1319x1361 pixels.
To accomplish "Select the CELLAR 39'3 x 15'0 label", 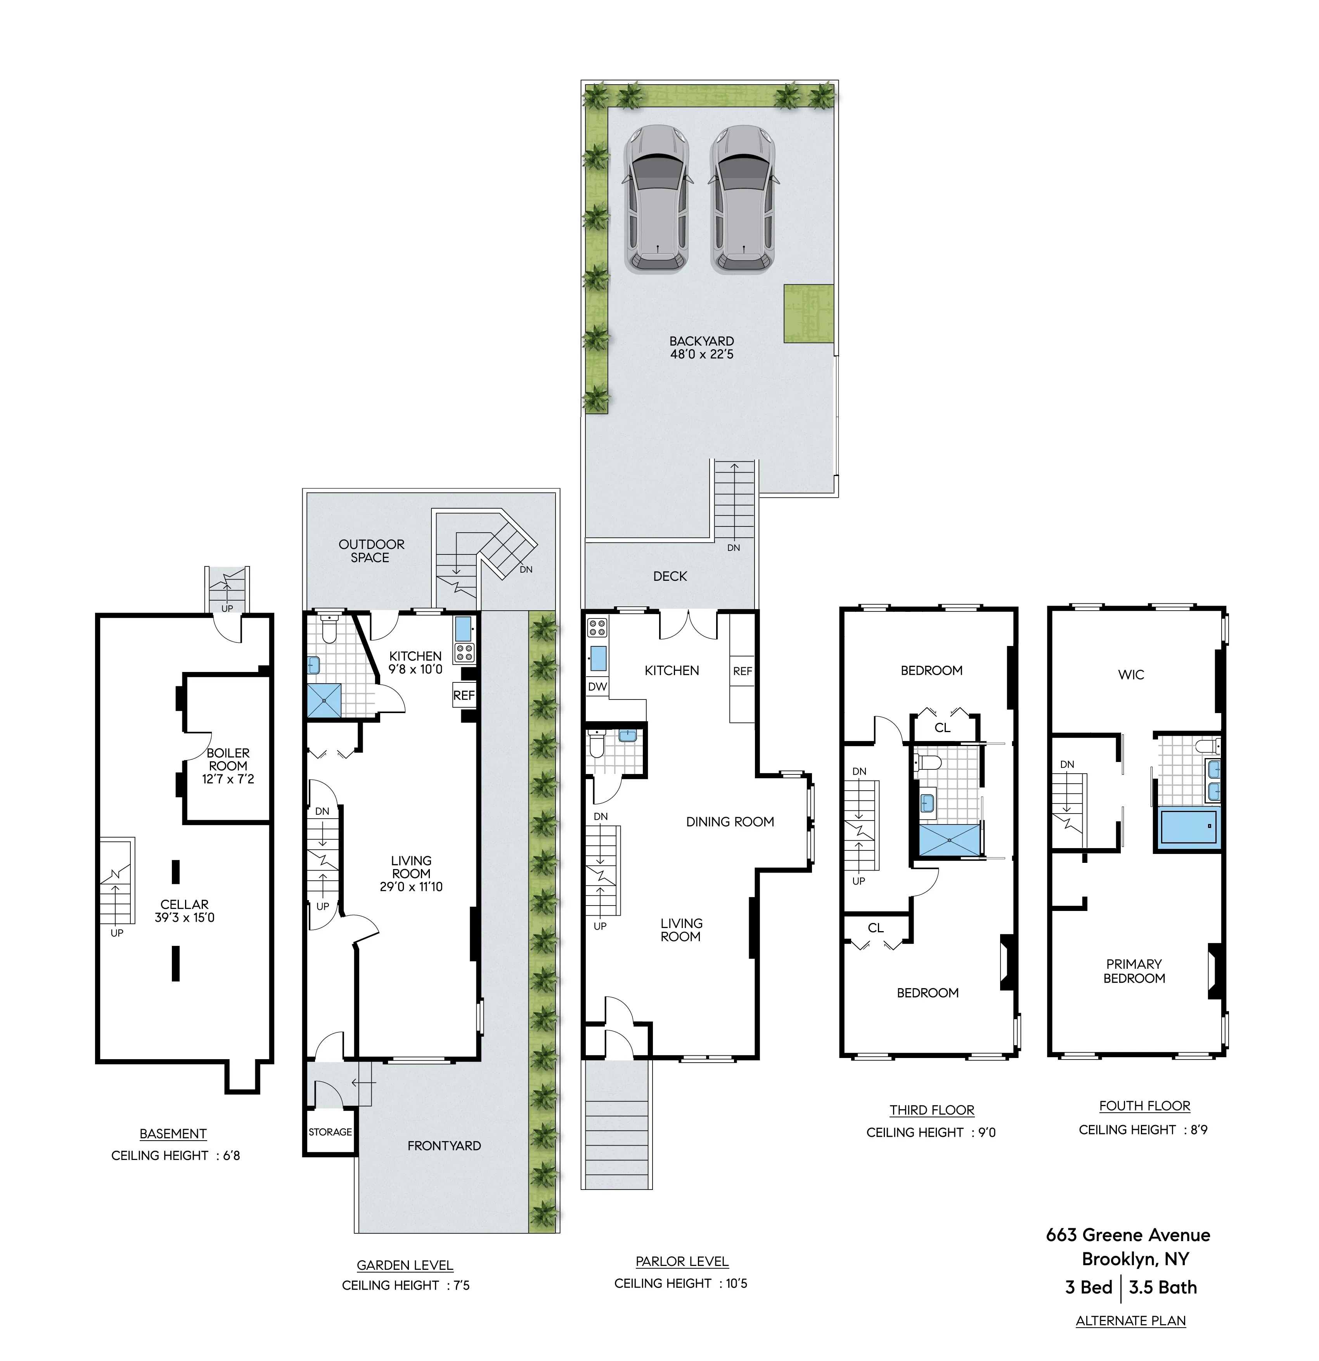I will click(185, 910).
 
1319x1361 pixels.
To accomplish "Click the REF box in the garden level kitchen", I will click(464, 695).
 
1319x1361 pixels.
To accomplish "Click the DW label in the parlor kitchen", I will click(597, 687).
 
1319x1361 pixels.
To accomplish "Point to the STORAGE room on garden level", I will click(330, 1132).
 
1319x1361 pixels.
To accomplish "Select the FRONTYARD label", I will click(444, 1146).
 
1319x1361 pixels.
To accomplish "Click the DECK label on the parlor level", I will click(670, 577).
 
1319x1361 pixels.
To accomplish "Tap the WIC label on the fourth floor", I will click(1131, 674).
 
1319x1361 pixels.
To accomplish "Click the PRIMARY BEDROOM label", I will click(1134, 971).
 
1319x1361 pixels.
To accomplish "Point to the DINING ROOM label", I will click(730, 821).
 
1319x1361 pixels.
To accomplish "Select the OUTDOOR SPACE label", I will click(371, 551).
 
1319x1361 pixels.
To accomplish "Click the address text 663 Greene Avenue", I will click(1128, 1235).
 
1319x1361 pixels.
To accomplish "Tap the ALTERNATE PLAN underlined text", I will click(1131, 1321).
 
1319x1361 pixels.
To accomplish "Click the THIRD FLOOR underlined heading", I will click(931, 1110).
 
